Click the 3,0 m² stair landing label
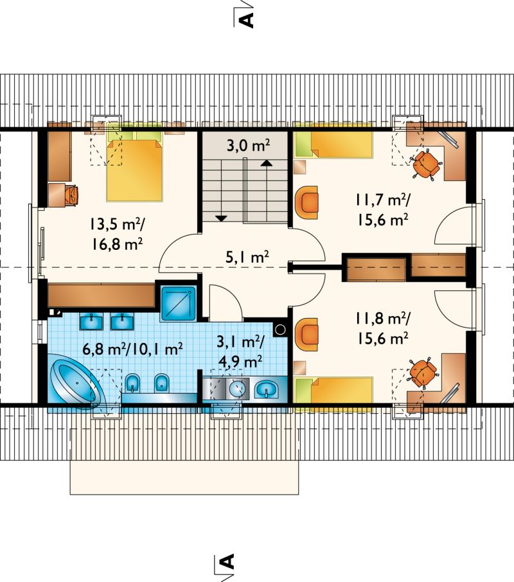click(248, 145)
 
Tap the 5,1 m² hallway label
click(247, 256)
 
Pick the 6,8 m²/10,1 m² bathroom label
click(132, 349)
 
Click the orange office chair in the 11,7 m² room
click(427, 164)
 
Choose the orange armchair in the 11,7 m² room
click(307, 202)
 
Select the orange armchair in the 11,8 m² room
click(307, 335)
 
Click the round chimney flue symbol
click(281, 330)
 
